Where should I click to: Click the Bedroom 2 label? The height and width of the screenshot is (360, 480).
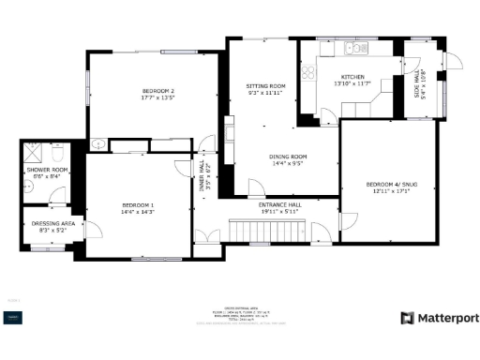(158, 90)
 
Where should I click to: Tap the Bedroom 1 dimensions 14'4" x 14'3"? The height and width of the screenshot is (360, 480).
(137, 212)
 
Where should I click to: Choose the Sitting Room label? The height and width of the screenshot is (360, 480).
(265, 85)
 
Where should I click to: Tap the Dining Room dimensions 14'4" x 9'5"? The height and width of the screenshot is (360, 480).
(289, 163)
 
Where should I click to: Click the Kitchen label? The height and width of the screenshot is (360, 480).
(352, 77)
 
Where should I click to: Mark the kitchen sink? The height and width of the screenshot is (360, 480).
(352, 48)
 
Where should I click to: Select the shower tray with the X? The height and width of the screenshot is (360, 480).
(34, 150)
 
